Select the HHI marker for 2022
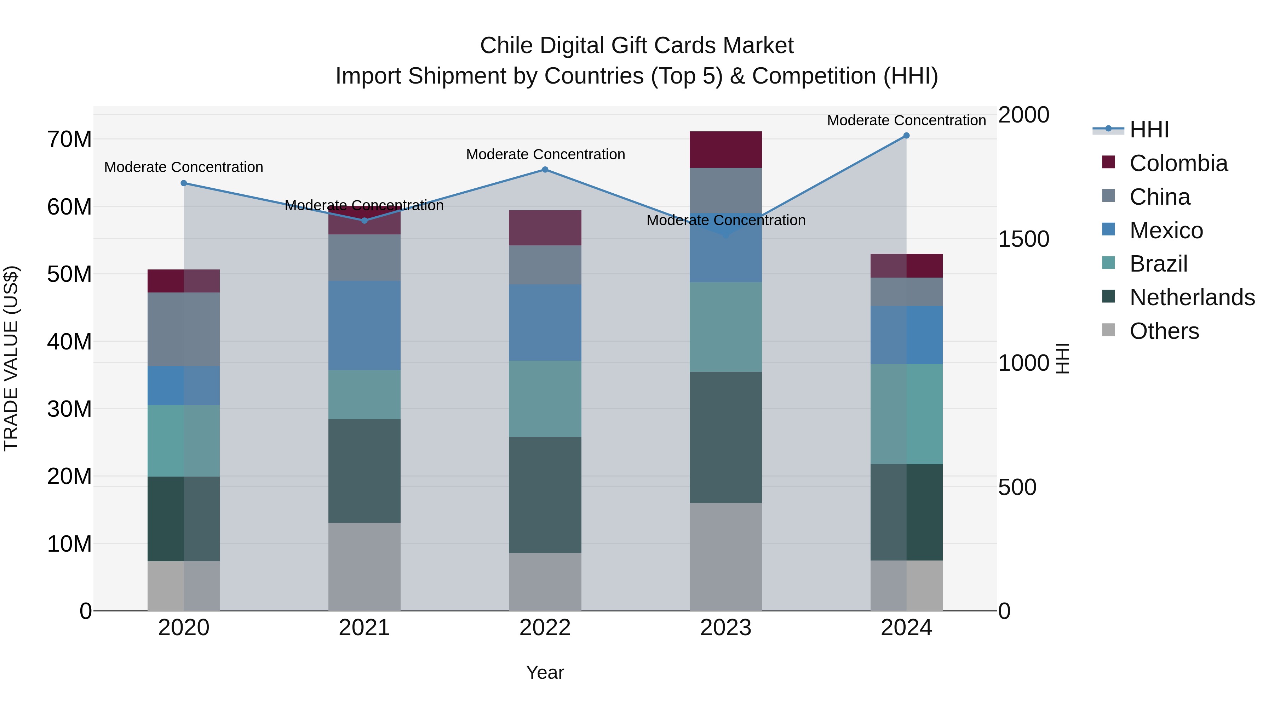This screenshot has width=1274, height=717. [x=545, y=170]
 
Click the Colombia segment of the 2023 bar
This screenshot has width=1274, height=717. [x=725, y=149]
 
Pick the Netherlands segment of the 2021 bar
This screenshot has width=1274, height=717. [x=364, y=471]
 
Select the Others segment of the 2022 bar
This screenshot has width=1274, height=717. [x=545, y=581]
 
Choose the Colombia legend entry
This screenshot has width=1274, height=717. [x=1178, y=163]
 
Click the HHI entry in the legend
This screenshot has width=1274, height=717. [x=1149, y=130]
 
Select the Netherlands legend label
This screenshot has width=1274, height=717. [x=1192, y=297]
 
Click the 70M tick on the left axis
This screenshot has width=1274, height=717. [x=69, y=140]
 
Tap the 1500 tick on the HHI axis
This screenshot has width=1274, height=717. [x=1023, y=239]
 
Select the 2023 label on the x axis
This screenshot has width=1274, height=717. [x=725, y=628]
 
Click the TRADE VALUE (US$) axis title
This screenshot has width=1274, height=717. [x=11, y=358]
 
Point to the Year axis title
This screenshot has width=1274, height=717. [x=545, y=672]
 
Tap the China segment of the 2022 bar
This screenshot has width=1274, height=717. [x=545, y=265]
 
